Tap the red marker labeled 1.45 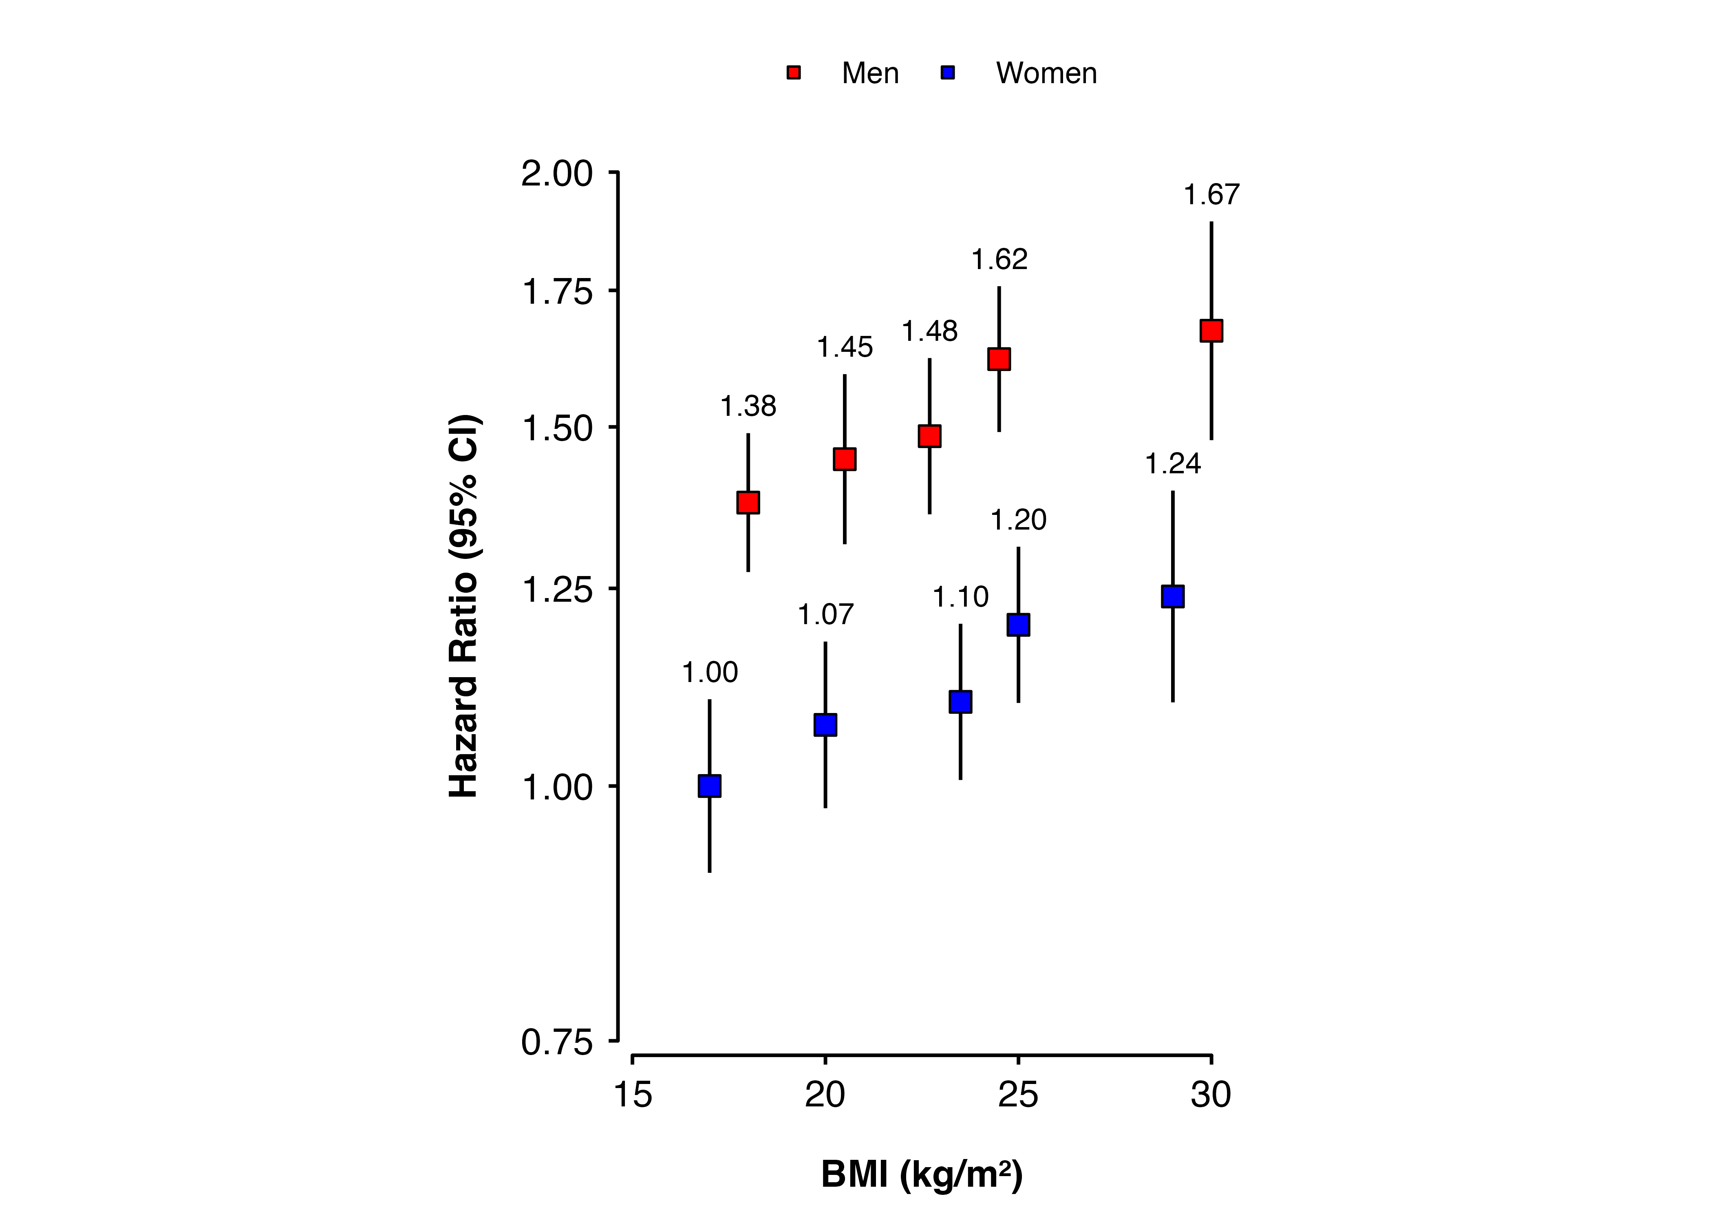(x=845, y=459)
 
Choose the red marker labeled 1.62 (x=999, y=359)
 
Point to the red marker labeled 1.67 (x=1211, y=331)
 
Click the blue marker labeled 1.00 (x=709, y=786)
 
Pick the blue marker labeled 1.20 (x=1018, y=624)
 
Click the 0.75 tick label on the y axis (x=557, y=1042)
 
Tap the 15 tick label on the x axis (x=632, y=1095)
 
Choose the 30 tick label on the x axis (x=1211, y=1095)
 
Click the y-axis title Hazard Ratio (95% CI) (x=464, y=606)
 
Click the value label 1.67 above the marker (x=1211, y=195)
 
